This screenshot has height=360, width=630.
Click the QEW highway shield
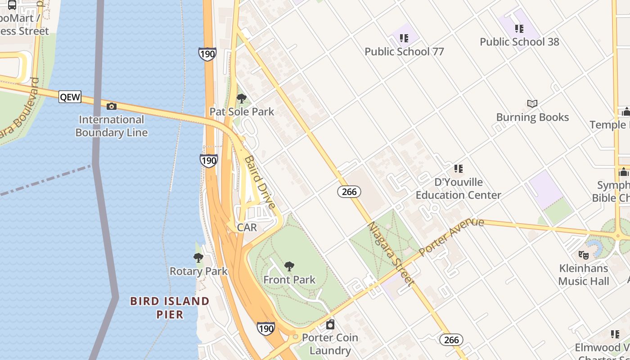click(x=70, y=97)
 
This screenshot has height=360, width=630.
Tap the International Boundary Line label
click(x=112, y=126)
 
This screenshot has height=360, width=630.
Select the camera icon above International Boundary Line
click(x=111, y=106)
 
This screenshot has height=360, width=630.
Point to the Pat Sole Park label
click(x=242, y=112)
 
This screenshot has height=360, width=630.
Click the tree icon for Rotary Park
click(x=198, y=258)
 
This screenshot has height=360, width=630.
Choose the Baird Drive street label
click(x=260, y=182)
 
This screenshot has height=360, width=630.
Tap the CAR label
click(x=247, y=227)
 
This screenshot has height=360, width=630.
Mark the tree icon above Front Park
click(x=289, y=266)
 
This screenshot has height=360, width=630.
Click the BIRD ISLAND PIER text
click(x=170, y=307)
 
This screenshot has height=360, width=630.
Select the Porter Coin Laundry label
click(x=330, y=344)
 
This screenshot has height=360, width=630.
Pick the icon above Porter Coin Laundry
click(x=330, y=324)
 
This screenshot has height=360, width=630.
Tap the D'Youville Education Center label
click(x=458, y=189)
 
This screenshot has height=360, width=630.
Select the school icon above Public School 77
click(x=404, y=38)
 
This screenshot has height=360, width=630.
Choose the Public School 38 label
click(x=519, y=42)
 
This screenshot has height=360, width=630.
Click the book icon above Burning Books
click(x=532, y=104)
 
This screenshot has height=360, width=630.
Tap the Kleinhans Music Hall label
click(x=584, y=274)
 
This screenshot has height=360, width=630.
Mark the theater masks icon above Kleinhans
click(x=584, y=255)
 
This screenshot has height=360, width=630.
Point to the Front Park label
click(x=289, y=279)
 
